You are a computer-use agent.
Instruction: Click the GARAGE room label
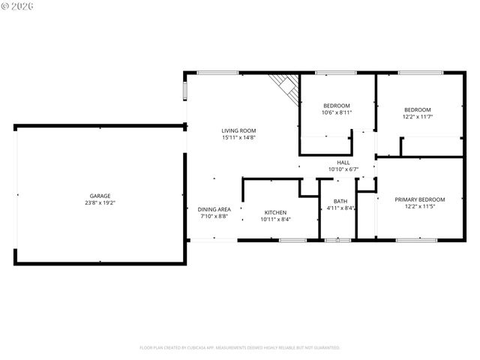[100, 196]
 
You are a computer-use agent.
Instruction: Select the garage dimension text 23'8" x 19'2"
[100, 202]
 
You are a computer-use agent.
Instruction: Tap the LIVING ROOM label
[238, 130]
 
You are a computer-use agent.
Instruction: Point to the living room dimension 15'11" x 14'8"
[238, 138]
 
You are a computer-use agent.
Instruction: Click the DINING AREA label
[214, 209]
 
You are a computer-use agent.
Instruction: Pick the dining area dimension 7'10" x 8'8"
[214, 216]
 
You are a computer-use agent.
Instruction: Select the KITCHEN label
[275, 212]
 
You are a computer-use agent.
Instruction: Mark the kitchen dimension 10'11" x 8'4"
[275, 219]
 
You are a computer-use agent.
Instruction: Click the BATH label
[340, 201]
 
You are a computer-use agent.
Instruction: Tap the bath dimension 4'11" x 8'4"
[340, 208]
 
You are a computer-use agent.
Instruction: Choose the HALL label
[343, 162]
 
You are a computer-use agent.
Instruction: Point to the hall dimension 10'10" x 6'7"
[343, 169]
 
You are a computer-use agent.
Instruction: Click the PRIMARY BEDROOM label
[420, 199]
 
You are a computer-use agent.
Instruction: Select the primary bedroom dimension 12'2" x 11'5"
[420, 206]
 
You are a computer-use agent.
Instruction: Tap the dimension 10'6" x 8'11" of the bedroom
[337, 112]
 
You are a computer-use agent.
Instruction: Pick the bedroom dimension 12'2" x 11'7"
[417, 116]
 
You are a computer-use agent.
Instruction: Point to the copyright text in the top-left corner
[18, 7]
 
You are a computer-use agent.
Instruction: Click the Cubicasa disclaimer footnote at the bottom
[240, 347]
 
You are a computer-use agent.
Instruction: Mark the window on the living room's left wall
[185, 91]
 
